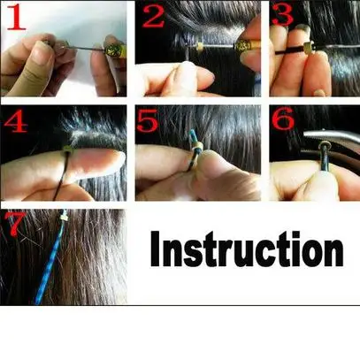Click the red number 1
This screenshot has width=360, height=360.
pyautogui.click(x=16, y=17)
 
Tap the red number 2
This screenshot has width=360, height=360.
pyautogui.click(x=153, y=17)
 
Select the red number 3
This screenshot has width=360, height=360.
pyautogui.click(x=282, y=15)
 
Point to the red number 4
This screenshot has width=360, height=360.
pyautogui.click(x=16, y=121)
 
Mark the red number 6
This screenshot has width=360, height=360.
pyautogui.click(x=283, y=119)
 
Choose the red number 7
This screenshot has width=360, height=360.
pyautogui.click(x=15, y=224)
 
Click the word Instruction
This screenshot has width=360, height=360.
pyautogui.click(x=247, y=249)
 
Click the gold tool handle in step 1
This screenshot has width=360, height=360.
pyautogui.click(x=114, y=50)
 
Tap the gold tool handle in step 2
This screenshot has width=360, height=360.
pyautogui.click(x=247, y=45)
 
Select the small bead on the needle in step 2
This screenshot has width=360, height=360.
pyautogui.click(x=199, y=47)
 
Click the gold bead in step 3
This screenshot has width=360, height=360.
pyautogui.click(x=309, y=48)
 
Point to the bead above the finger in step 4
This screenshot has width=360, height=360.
pyautogui.click(x=67, y=149)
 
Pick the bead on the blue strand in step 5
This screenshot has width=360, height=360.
pyautogui.click(x=199, y=146)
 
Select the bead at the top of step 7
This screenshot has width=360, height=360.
pyautogui.click(x=65, y=218)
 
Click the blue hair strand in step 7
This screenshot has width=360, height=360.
pyautogui.click(x=50, y=258)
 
